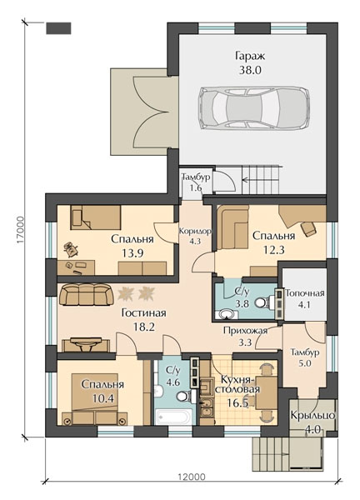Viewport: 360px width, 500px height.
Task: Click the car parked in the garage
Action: [253, 108]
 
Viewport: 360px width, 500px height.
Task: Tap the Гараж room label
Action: [250, 56]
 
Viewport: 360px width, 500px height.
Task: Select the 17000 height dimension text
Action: [21, 231]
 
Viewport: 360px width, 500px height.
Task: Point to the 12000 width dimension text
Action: [192, 477]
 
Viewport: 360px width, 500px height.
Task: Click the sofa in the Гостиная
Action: [87, 295]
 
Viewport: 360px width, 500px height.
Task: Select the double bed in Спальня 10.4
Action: [95, 399]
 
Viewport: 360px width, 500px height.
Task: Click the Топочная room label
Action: [304, 293]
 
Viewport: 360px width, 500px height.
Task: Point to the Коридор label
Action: [195, 231]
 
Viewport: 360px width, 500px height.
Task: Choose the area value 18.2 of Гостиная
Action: [143, 327]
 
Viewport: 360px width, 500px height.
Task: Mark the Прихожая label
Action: [245, 331]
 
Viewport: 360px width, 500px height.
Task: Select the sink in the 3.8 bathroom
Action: [227, 314]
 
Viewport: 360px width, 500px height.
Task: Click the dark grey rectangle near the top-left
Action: [58, 28]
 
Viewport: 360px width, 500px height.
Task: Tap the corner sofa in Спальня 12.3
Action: [232, 227]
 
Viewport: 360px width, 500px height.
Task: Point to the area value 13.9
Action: [132, 252]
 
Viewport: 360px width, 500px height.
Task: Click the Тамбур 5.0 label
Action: [305, 357]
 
